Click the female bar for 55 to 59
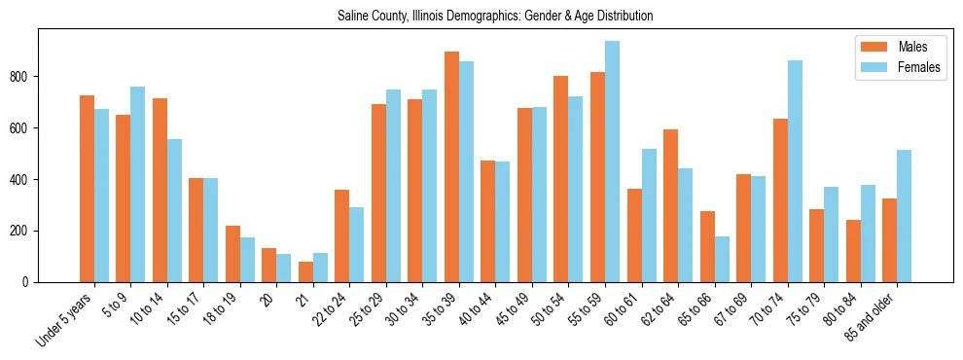coord(612,162)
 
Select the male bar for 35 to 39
coord(451,166)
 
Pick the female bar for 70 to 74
coord(795,171)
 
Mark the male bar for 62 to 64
coord(671,205)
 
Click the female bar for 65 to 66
coord(722,260)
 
